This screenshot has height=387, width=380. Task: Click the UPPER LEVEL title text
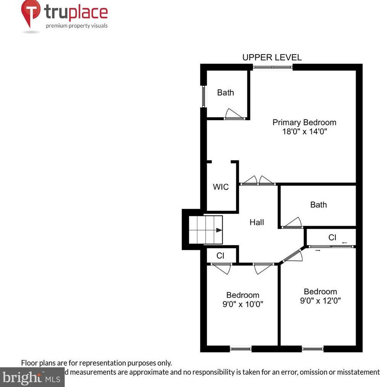pyautogui.click(x=272, y=58)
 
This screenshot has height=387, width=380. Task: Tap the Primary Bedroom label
pyautogui.click(x=304, y=123)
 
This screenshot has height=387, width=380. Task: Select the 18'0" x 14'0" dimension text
pyautogui.click(x=304, y=132)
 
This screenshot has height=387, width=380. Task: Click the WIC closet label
pyautogui.click(x=221, y=187)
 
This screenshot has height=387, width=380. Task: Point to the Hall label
pyautogui.click(x=257, y=222)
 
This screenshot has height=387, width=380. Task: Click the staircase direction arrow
pyautogui.click(x=218, y=230)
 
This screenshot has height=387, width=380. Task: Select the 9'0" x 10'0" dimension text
pyautogui.click(x=243, y=304)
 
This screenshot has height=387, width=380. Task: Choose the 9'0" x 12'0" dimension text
pyautogui.click(x=320, y=300)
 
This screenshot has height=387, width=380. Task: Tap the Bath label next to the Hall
pyautogui.click(x=318, y=205)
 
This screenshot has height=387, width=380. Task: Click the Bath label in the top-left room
pyautogui.click(x=225, y=93)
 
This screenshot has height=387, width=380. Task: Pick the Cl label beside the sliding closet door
pyautogui.click(x=332, y=237)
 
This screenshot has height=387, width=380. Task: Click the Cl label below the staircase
pyautogui.click(x=220, y=256)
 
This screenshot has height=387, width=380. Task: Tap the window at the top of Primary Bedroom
pyautogui.click(x=273, y=67)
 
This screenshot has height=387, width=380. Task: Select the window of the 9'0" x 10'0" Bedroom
pyautogui.click(x=241, y=348)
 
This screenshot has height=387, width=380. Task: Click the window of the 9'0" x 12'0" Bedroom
pyautogui.click(x=313, y=348)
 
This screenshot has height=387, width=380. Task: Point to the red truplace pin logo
pyautogui.click(x=30, y=13)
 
